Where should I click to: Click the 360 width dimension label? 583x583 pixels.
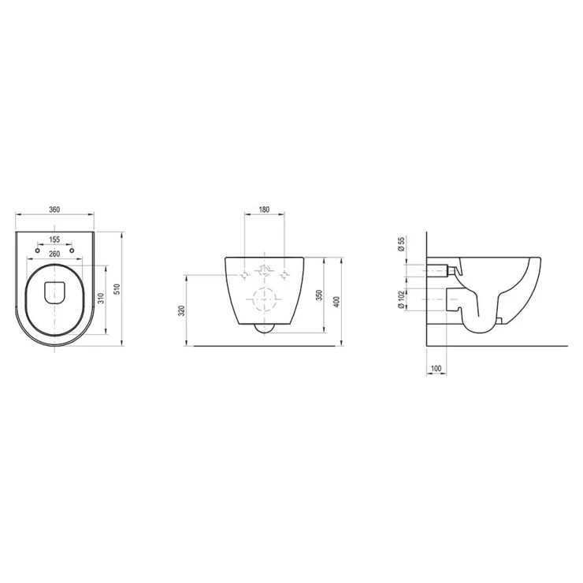[x=54, y=210]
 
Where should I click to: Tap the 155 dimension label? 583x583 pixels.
[x=54, y=240]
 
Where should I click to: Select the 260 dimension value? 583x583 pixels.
[x=54, y=254]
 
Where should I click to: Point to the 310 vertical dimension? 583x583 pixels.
[x=101, y=298]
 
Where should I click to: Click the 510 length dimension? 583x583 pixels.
[x=117, y=288]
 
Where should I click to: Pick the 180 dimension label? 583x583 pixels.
[x=264, y=210]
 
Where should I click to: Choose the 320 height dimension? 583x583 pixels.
[x=181, y=310]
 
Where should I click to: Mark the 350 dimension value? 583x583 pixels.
[x=319, y=295]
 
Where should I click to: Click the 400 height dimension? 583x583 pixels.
[x=336, y=301]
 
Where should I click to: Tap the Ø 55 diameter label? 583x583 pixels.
[x=401, y=244]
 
